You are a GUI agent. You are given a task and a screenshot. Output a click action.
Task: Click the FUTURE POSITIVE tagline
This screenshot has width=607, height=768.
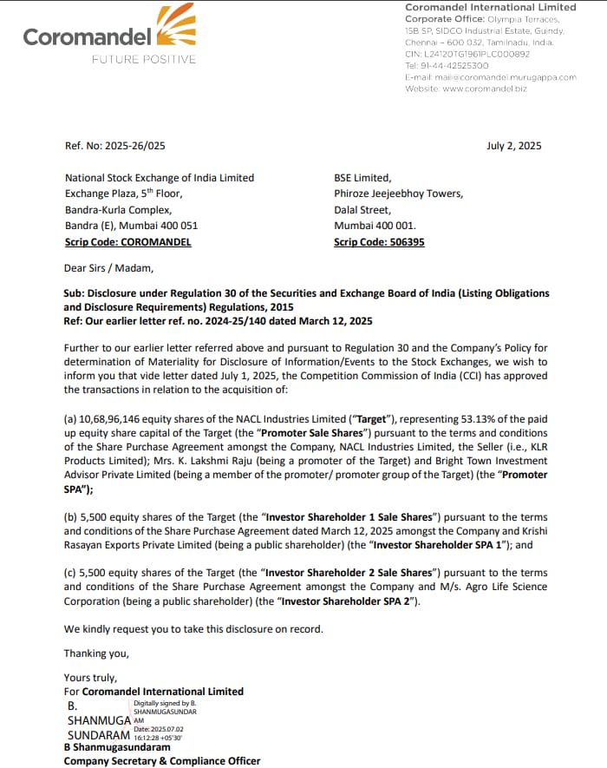(x=144, y=59)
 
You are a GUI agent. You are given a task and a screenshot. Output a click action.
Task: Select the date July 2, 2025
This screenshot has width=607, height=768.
(x=513, y=146)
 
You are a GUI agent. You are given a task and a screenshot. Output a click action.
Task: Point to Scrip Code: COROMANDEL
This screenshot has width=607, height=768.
(x=127, y=242)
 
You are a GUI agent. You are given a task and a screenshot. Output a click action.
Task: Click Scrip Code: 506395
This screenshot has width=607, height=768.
(x=379, y=242)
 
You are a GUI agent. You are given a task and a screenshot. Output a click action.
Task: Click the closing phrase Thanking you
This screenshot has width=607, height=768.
(x=96, y=653)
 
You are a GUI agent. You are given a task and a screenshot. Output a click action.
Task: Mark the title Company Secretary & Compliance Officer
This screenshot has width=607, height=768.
(x=162, y=761)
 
